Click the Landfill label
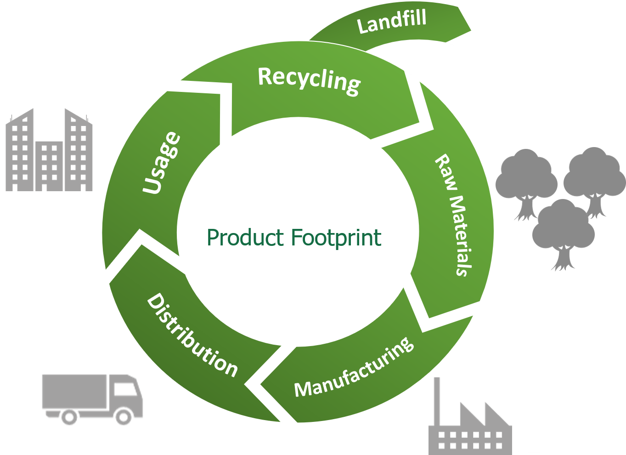[392, 21]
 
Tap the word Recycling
[309, 80]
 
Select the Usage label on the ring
[161, 163]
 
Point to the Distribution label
[192, 335]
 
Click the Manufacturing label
[354, 368]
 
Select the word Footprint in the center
[336, 238]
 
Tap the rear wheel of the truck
[68, 417]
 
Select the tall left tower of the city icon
[20, 149]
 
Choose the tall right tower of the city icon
[78, 149]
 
